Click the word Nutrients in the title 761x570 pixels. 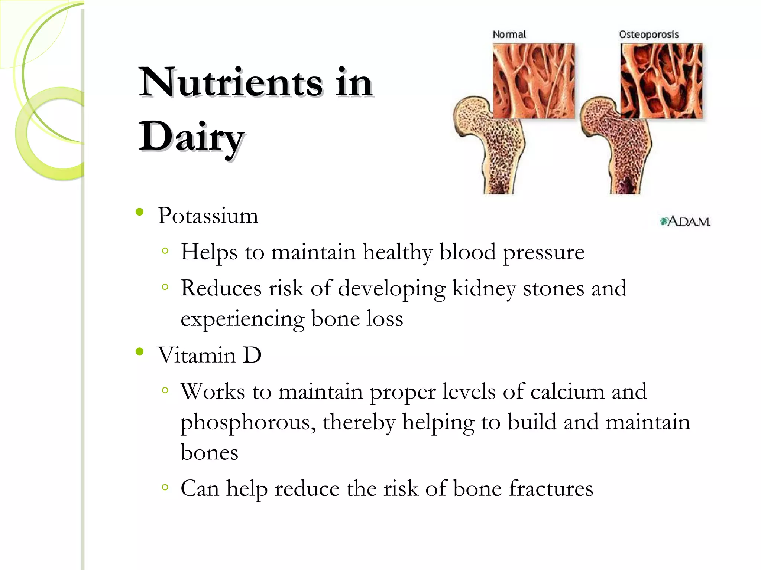click(x=230, y=82)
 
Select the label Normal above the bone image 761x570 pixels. click(x=509, y=35)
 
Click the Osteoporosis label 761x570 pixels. click(x=648, y=35)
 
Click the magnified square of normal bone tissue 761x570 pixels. click(x=534, y=81)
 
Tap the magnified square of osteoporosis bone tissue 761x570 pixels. click(x=661, y=81)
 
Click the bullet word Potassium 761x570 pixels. click(x=207, y=216)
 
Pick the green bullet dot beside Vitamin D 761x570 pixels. click(x=140, y=351)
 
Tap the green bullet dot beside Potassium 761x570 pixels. click(x=140, y=212)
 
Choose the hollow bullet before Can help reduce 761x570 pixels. click(x=165, y=487)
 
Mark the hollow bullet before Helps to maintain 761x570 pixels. click(x=165, y=251)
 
